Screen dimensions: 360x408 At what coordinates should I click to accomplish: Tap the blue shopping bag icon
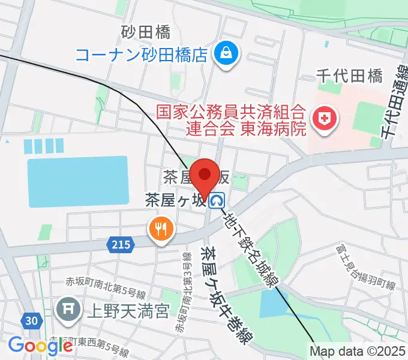pyautogui.click(x=228, y=55)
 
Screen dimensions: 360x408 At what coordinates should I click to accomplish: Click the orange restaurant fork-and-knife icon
pyautogui.click(x=160, y=228)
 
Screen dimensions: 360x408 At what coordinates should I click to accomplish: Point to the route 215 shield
pyautogui.click(x=119, y=244)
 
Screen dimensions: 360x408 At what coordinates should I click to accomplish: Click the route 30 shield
pyautogui.click(x=32, y=321)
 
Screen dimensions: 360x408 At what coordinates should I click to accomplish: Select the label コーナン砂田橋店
pyautogui.click(x=142, y=55)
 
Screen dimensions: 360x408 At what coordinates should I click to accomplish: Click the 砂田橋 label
pyautogui.click(x=146, y=31)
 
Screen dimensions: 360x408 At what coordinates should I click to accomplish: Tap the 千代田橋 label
pyautogui.click(x=350, y=76)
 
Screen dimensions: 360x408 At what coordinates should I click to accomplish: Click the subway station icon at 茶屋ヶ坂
pyautogui.click(x=218, y=199)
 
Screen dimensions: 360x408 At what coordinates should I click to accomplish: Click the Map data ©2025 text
pyautogui.click(x=359, y=351)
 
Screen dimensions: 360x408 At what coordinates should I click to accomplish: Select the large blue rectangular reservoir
pyautogui.click(x=78, y=181)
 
